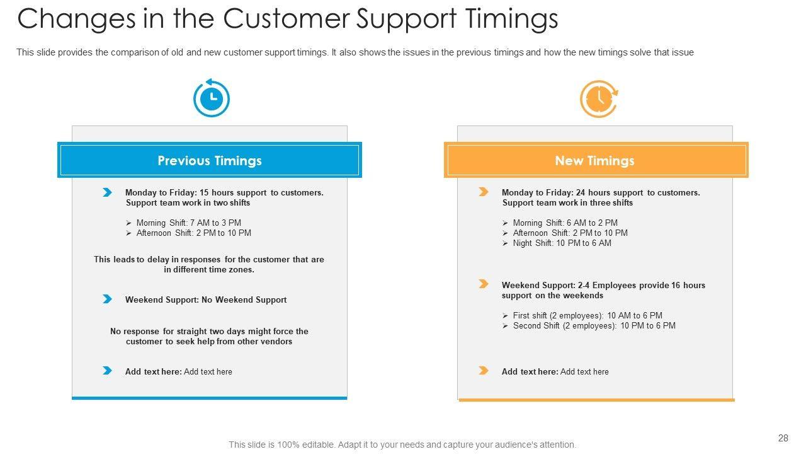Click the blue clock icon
point(212,98)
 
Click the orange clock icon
point(599,99)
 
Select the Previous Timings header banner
point(210,160)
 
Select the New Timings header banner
point(596,160)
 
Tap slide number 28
point(783,438)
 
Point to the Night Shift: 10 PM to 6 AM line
point(562,243)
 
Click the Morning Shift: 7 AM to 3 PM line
point(188,223)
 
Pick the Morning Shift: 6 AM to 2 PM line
point(565,223)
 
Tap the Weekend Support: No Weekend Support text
point(206,300)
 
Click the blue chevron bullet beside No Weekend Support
point(107,299)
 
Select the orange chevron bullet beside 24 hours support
point(483,192)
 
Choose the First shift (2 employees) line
point(587,316)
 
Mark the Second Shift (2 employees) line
point(594,326)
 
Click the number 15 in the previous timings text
point(204,193)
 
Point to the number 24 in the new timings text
point(581,193)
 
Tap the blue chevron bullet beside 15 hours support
point(107,192)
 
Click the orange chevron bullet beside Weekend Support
point(483,284)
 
